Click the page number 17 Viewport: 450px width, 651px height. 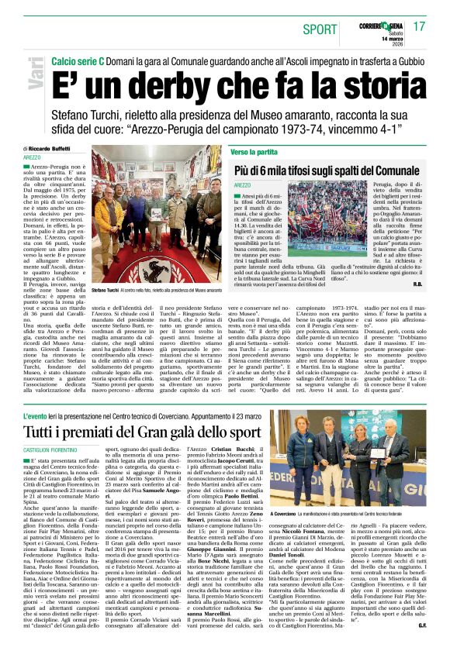[x=420, y=26]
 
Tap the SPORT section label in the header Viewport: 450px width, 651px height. [x=320, y=29]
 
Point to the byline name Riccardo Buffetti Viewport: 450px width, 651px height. [x=50, y=148]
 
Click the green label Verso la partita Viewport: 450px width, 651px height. [x=254, y=152]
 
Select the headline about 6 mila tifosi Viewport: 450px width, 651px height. [x=326, y=170]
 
